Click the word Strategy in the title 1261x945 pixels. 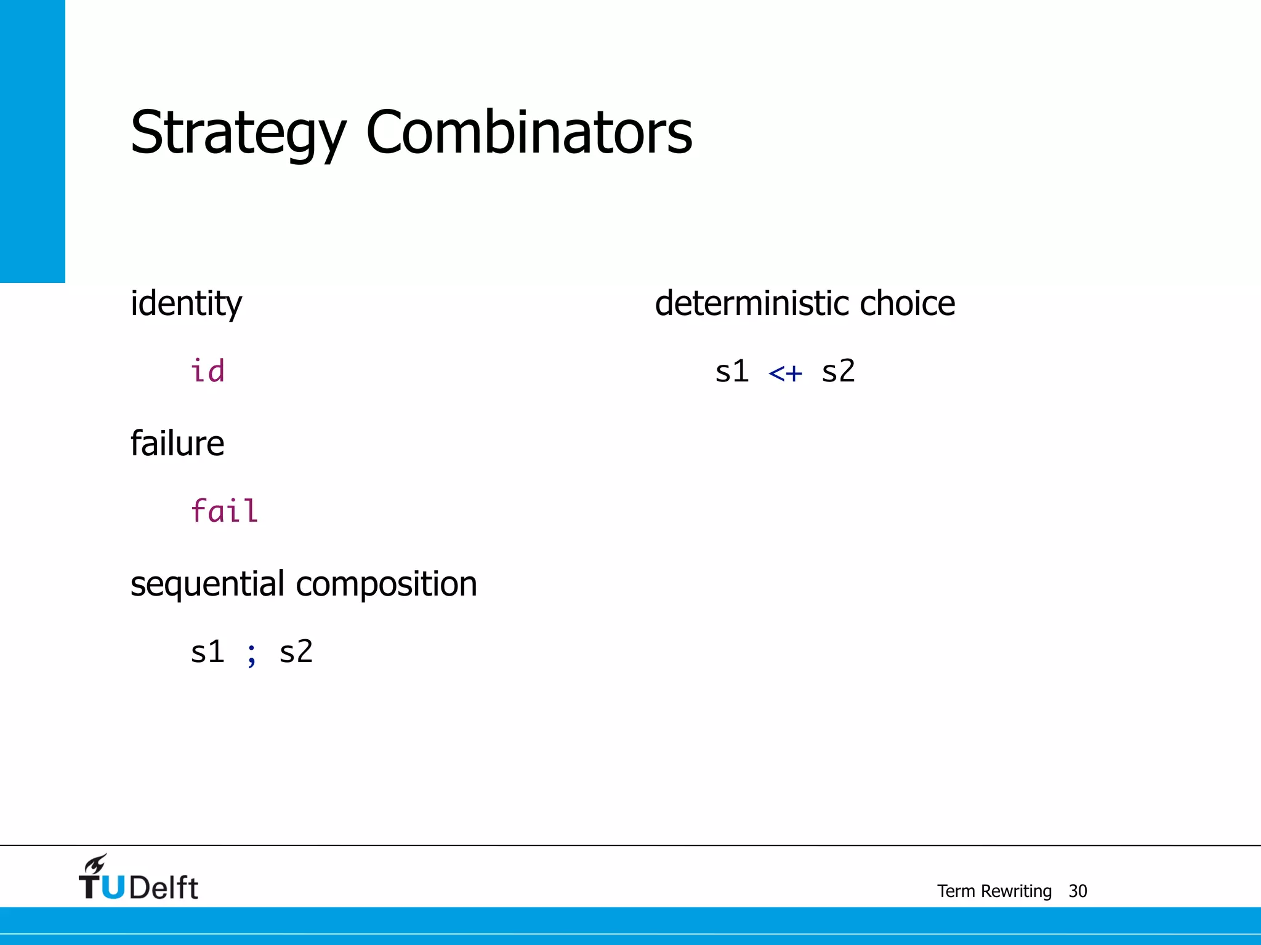[x=238, y=134]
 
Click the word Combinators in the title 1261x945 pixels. [x=529, y=132]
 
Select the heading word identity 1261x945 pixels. [x=186, y=304]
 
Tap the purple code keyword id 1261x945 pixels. [x=207, y=372]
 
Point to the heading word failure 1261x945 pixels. [x=177, y=444]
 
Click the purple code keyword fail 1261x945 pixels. [x=224, y=511]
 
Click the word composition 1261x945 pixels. [x=386, y=584]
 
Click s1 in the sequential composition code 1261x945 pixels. [x=207, y=652]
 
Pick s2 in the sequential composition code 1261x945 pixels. [x=296, y=652]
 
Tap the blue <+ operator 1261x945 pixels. [x=785, y=373]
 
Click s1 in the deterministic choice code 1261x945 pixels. [x=731, y=372]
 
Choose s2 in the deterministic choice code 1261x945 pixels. [x=838, y=372]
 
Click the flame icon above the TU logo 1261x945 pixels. [x=95, y=864]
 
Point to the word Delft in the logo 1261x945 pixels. [x=164, y=888]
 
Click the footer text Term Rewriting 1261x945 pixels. [x=994, y=891]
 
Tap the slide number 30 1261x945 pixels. [x=1078, y=891]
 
